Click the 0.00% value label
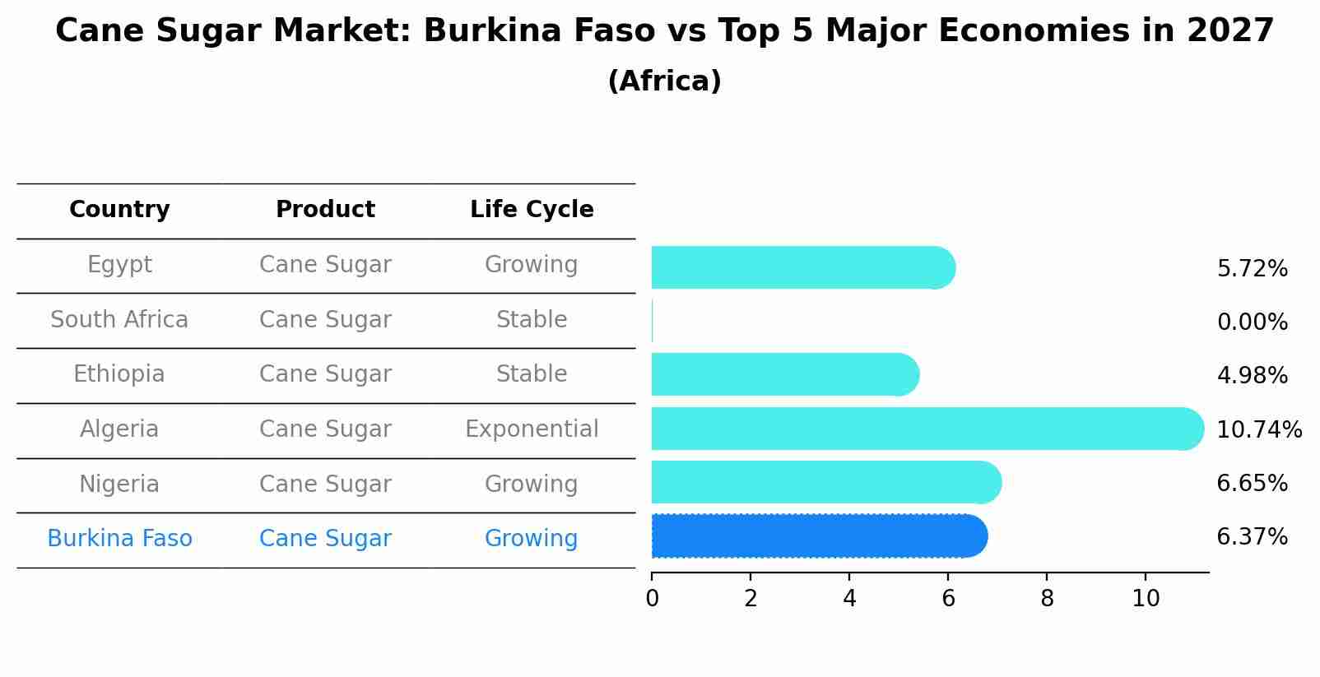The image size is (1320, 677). (1252, 322)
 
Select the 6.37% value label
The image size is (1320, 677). (1252, 537)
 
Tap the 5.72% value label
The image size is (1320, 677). (1252, 269)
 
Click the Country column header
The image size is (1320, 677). (119, 210)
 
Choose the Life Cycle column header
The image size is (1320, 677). (532, 210)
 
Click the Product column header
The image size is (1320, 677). (325, 210)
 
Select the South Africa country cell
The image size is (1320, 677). (119, 320)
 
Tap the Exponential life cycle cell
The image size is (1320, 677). (532, 429)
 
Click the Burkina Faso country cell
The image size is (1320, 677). (119, 539)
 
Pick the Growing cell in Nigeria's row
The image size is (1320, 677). (532, 485)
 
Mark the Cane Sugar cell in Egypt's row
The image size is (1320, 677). (325, 265)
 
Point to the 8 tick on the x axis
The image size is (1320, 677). (1047, 599)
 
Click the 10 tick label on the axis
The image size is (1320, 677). (1146, 599)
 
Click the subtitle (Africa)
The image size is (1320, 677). (664, 81)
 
